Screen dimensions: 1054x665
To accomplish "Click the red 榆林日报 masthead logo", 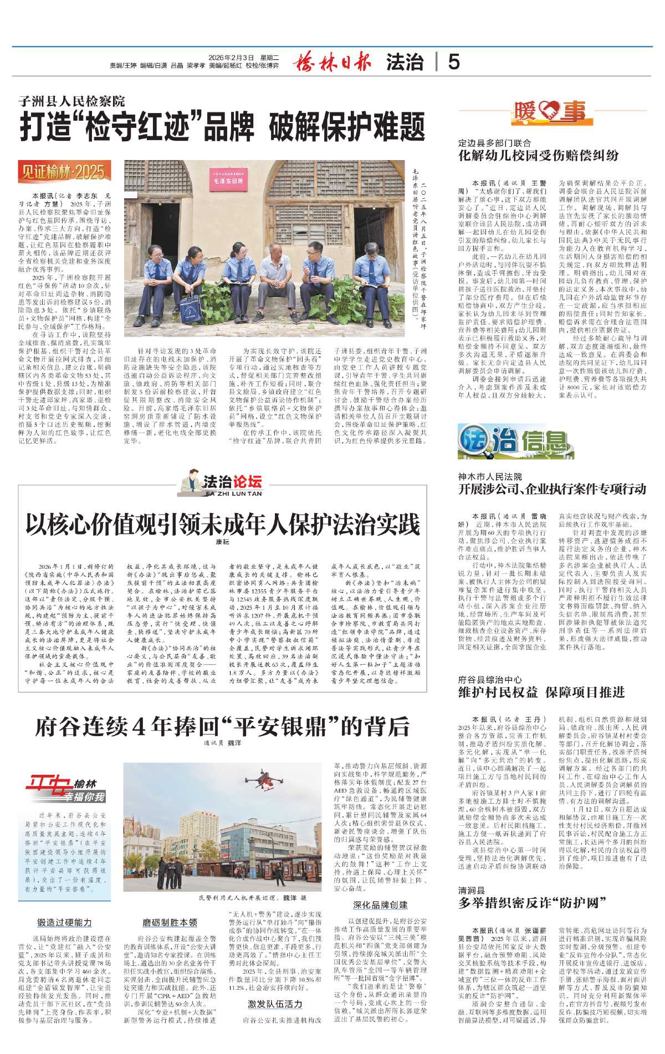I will coord(332,61).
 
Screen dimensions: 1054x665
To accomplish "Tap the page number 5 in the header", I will coord(454,61).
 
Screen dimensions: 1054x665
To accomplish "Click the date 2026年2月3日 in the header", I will coord(231,57).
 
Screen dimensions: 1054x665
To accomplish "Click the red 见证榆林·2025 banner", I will coord(64,172).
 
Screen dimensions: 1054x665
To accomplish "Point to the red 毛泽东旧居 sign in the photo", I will coord(228,181).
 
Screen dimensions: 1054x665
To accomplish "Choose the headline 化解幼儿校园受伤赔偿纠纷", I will coord(538,156).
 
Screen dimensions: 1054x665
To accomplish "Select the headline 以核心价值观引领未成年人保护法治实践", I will coord(222,524).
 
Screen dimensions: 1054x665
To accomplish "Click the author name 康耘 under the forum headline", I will coord(222,542).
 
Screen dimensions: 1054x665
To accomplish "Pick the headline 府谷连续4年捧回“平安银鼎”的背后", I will coord(222,727).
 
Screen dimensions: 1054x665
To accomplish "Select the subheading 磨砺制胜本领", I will coord(170,922).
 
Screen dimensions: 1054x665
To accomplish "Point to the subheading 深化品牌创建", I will coord(380,905).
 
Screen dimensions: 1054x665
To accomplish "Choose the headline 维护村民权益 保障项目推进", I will coord(541,692).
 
